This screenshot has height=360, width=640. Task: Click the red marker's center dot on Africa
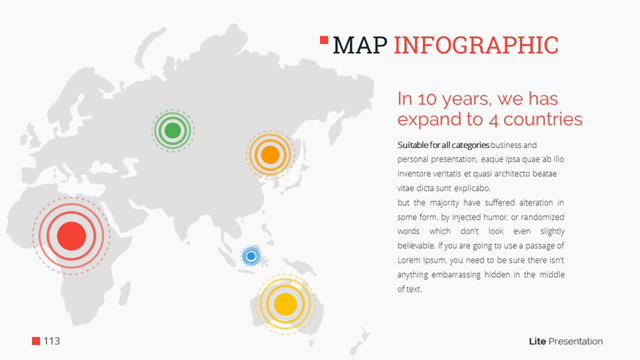point(71,236)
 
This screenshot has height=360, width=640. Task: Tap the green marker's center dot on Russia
point(173,131)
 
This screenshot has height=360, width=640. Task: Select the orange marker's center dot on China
point(270,155)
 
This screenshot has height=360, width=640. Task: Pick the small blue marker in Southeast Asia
point(251,256)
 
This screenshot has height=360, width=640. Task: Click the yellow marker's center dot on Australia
point(285,304)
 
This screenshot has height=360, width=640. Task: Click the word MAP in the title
point(360,46)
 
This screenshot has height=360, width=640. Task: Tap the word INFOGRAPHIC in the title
point(476,46)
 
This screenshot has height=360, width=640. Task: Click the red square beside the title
point(324,40)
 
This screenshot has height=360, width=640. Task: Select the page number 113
point(52,341)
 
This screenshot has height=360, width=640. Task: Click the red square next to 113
point(36,341)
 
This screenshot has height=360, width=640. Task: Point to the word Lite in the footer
point(537,342)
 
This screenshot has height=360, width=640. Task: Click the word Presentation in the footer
point(575,342)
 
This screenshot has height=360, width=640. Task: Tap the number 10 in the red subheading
point(427,99)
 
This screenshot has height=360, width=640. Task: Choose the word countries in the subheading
point(543,120)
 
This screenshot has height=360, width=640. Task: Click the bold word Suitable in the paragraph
point(413,145)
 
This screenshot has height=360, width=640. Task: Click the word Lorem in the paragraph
point(409,260)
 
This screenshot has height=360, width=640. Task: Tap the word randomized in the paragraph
point(543,217)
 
